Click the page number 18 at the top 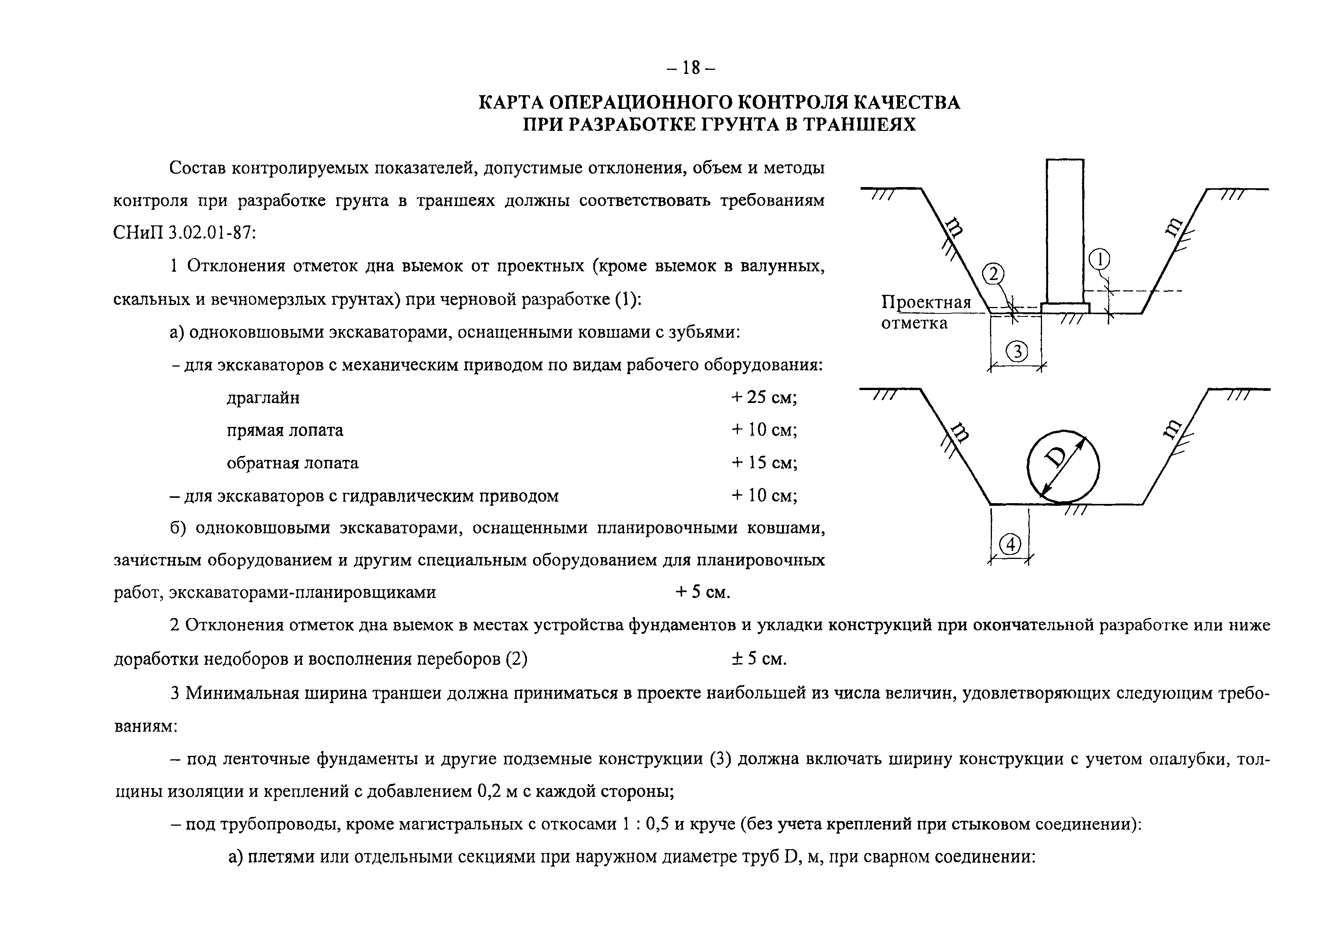691,68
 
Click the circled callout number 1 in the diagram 1099,260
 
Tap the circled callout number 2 993,274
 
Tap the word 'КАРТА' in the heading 510,102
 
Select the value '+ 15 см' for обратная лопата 764,462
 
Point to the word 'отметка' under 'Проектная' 914,323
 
